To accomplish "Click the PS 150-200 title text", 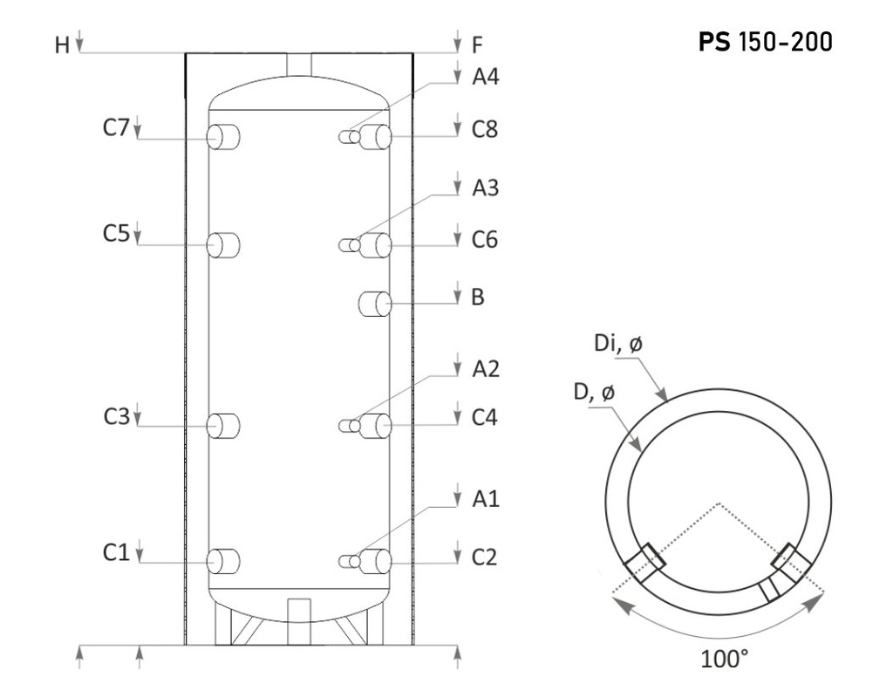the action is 765,42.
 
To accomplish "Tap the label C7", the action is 116,127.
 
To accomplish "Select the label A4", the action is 485,77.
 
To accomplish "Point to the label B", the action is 478,297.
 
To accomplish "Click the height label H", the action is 62,44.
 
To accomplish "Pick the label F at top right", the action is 477,44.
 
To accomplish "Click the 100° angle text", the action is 724,659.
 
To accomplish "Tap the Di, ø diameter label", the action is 618,344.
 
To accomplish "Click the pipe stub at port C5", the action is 223,245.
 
